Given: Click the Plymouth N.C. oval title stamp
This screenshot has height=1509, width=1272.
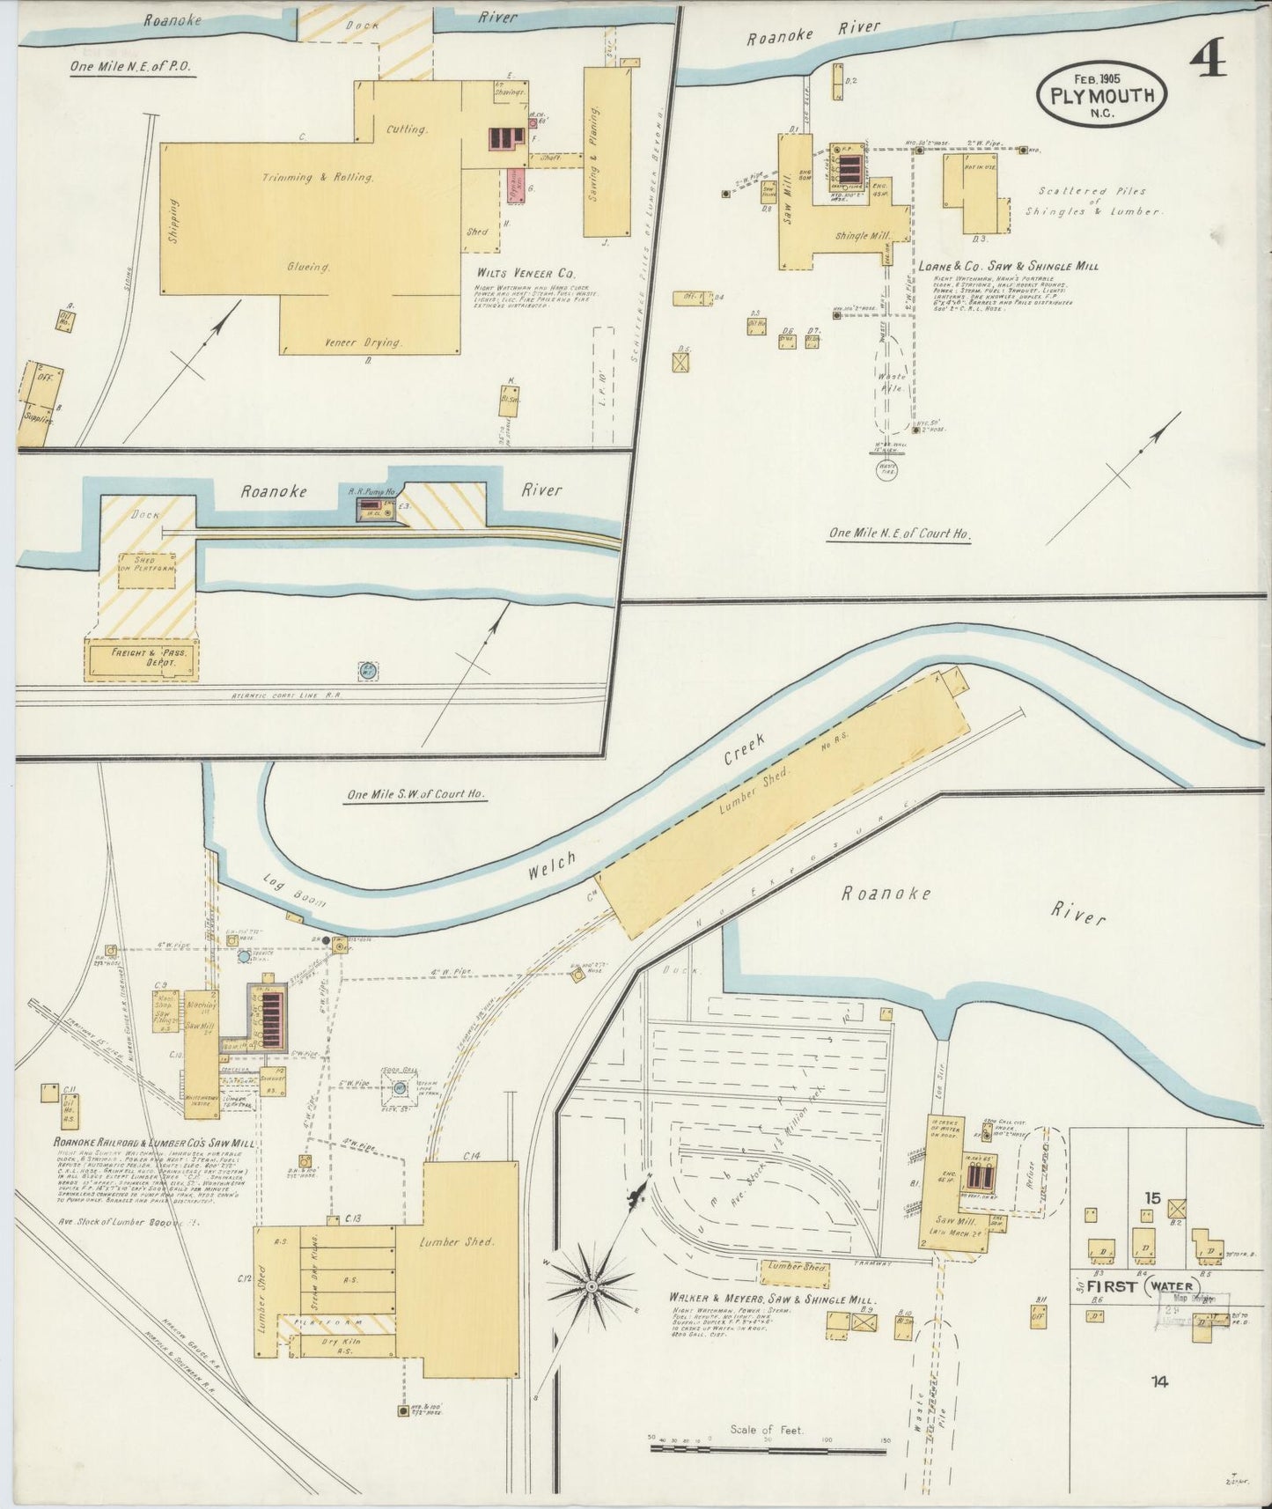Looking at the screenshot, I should pyautogui.click(x=1101, y=95).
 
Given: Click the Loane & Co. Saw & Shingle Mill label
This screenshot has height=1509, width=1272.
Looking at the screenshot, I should pyautogui.click(x=1008, y=266).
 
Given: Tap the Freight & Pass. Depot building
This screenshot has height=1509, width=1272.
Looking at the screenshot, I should pyautogui.click(x=142, y=658).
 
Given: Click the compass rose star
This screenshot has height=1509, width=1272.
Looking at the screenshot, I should pyautogui.click(x=592, y=1286).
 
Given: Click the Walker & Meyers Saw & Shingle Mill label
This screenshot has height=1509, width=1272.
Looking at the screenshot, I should pyautogui.click(x=771, y=1299).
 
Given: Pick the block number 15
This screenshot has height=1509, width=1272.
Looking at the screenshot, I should pyautogui.click(x=1152, y=1198).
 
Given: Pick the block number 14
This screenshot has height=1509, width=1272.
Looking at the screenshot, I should pyautogui.click(x=1158, y=1381).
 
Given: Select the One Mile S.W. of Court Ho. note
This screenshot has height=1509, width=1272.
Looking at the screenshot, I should pyautogui.click(x=416, y=794).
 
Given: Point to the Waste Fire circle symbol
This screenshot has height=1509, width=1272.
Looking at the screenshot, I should pyautogui.click(x=887, y=468).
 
